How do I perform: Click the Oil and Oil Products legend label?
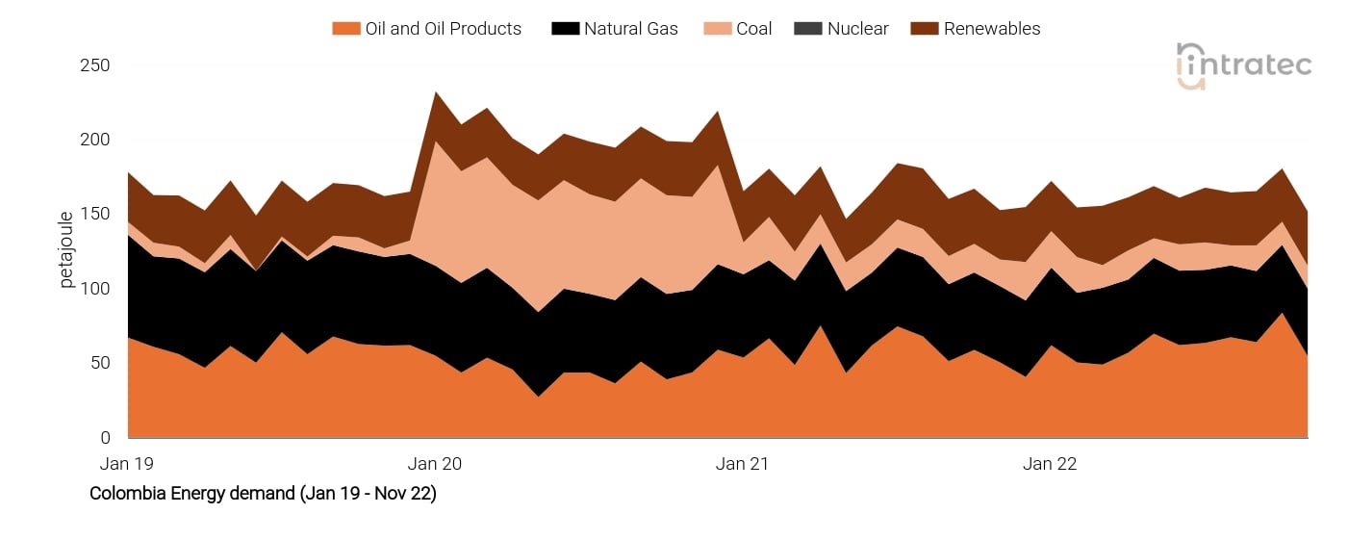[443, 29]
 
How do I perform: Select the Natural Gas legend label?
[630, 29]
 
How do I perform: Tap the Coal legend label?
[753, 29]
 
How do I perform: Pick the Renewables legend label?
[991, 29]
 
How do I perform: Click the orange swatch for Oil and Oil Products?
[345, 29]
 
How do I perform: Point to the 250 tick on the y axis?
[94, 65]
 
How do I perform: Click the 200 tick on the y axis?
[94, 140]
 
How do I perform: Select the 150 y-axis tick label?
[94, 214]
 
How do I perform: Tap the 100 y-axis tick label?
[94, 289]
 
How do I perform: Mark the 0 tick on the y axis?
[105, 438]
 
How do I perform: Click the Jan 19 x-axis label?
[127, 464]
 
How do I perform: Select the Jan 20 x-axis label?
[435, 464]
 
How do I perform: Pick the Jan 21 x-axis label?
[743, 464]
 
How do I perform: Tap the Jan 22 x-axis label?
[1050, 464]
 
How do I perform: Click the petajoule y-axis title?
[66, 250]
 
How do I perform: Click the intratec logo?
[1243, 65]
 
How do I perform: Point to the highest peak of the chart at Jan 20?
[436, 93]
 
